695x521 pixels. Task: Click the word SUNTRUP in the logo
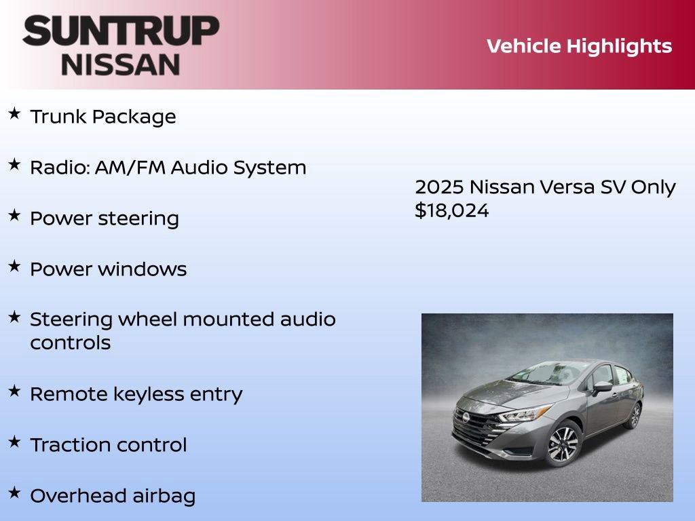tap(121, 32)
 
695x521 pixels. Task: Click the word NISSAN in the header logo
tap(121, 64)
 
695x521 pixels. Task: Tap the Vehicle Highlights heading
tap(579, 46)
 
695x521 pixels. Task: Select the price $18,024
tap(451, 210)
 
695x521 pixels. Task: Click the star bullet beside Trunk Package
tap(14, 114)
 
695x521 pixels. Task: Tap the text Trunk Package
tap(103, 117)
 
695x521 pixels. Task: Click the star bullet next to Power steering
tap(14, 216)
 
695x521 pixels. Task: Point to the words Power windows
tap(109, 269)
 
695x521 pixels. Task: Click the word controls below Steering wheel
tap(71, 343)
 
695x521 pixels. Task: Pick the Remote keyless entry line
tap(136, 394)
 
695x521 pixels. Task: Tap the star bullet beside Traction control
tap(14, 442)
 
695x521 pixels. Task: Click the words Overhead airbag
tap(113, 496)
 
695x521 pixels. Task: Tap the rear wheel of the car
tap(634, 416)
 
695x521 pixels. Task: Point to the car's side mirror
tap(601, 387)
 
